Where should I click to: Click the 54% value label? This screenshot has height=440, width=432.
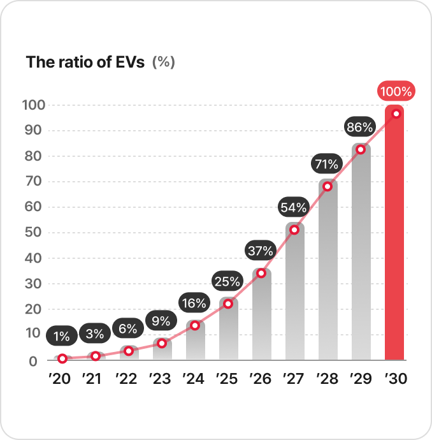pyautogui.click(x=294, y=207)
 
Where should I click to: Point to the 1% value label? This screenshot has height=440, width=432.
pyautogui.click(x=62, y=335)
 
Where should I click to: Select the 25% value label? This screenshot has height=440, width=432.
pyautogui.click(x=227, y=281)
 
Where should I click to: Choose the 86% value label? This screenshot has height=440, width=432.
pyautogui.click(x=359, y=128)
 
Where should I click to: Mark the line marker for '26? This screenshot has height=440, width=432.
pyautogui.click(x=261, y=273)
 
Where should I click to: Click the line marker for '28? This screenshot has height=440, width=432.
pyautogui.click(x=328, y=186)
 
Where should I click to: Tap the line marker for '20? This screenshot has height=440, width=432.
pyautogui.click(x=62, y=358)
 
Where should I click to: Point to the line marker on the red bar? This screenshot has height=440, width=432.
pyautogui.click(x=396, y=114)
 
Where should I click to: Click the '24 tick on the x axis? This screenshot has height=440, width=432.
pyautogui.click(x=194, y=379)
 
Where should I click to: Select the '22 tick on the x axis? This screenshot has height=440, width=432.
pyautogui.click(x=127, y=379)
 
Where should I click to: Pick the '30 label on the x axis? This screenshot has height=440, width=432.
pyautogui.click(x=396, y=379)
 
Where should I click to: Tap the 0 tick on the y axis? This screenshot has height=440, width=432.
pyautogui.click(x=33, y=361)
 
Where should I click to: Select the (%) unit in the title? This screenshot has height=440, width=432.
pyautogui.click(x=164, y=62)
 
